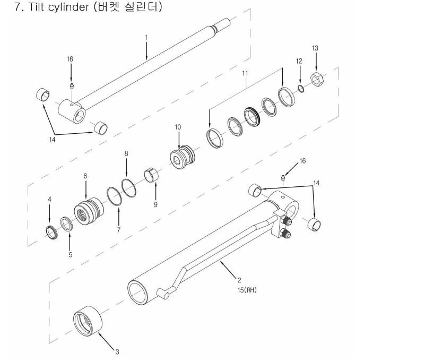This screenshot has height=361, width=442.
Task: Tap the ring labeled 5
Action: [67, 224]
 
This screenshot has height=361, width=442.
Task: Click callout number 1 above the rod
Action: [146, 37]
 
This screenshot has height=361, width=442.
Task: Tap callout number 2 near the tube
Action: [240, 280]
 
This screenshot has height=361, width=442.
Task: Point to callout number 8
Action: [126, 153]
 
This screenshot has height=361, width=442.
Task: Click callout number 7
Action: [119, 230]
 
